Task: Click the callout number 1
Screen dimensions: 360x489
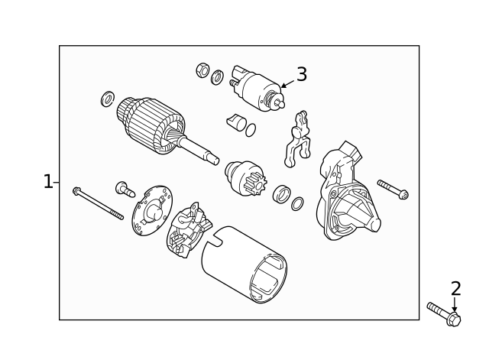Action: point(48,182)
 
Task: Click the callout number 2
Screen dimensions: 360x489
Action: point(455,289)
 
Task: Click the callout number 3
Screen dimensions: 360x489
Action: point(302,74)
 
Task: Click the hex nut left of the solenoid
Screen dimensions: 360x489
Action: point(203,70)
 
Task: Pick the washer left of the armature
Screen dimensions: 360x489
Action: point(108,99)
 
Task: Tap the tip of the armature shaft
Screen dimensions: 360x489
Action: point(214,160)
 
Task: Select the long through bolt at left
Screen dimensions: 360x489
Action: point(98,203)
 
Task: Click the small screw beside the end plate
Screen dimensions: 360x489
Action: point(124,188)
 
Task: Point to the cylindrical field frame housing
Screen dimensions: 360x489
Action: point(244,264)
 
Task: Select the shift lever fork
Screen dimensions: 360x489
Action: point(298,138)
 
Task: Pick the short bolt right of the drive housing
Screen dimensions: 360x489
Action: point(392,189)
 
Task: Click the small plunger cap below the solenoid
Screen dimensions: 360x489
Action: point(236,122)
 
